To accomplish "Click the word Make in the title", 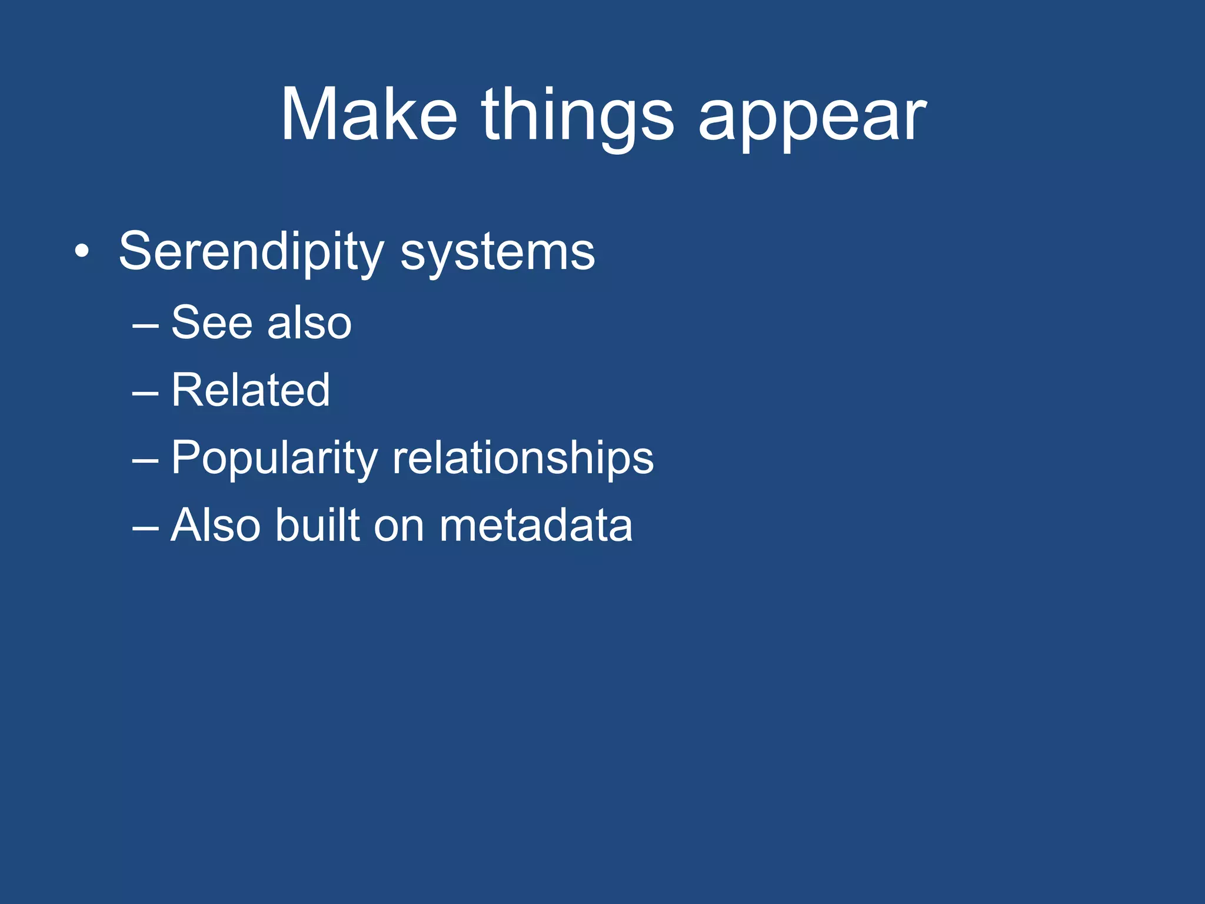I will point(369,115).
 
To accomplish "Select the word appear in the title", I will point(812,118).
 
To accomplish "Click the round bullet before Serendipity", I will point(82,252).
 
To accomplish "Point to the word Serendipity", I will point(251,252).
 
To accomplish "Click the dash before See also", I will point(145,324).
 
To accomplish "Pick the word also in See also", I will point(309,323).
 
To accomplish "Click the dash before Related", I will point(145,392).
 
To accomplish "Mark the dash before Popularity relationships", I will point(145,460).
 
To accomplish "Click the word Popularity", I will point(274,459).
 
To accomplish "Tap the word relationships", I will point(522,459).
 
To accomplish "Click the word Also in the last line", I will point(215,526).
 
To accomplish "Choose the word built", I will point(317,526).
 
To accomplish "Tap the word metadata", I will point(535,526).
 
